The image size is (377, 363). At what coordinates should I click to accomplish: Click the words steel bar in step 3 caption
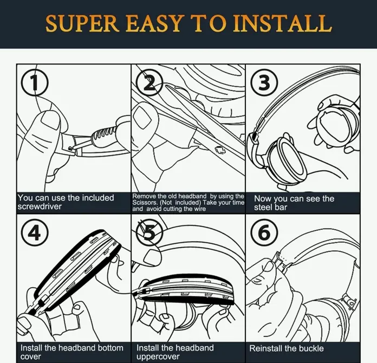pos(270,208)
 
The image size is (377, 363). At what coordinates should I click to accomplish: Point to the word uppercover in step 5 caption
pos(158,356)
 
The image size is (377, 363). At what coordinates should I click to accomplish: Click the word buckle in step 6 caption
pos(310,348)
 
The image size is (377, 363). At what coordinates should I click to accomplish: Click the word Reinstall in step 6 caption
pos(266,348)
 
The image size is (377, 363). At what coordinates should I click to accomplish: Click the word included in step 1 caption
pos(97,198)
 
